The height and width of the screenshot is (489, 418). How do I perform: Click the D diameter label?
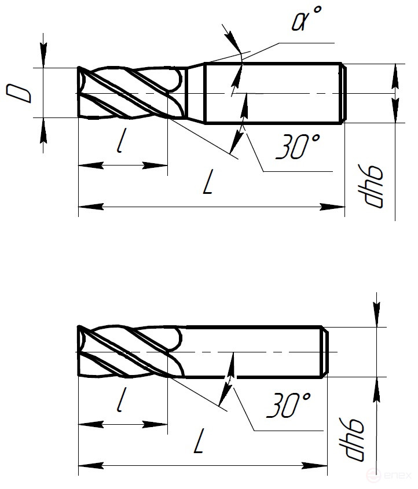[21, 93]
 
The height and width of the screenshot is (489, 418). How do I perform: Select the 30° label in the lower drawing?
[288, 406]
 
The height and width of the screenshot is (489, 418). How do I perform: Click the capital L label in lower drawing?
[199, 444]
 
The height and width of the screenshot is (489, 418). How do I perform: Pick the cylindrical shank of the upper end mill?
[272, 93]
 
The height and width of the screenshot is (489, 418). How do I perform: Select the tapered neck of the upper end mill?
[196, 93]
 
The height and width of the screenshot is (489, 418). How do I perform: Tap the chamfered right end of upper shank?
[343, 93]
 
